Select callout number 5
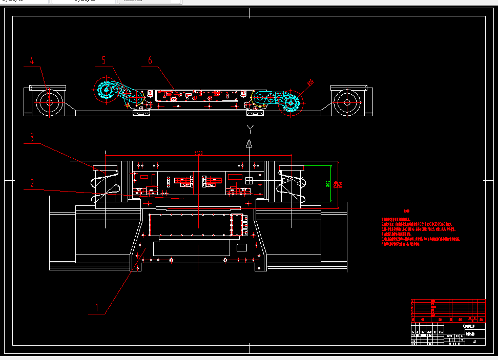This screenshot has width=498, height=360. (x=103, y=60)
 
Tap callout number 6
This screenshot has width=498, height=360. (x=150, y=60)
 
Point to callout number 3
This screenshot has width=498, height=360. (x=32, y=137)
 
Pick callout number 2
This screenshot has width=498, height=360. (x=32, y=183)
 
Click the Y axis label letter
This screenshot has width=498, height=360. (x=250, y=128)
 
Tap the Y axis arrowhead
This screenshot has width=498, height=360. (x=249, y=143)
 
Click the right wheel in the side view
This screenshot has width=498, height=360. (x=347, y=102)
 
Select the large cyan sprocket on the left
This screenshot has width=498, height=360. (x=106, y=91)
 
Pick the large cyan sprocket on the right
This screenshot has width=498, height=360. (x=290, y=103)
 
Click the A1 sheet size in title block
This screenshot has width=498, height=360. (x=474, y=341)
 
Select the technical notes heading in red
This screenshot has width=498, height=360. (x=407, y=211)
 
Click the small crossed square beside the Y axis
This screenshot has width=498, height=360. (x=250, y=180)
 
